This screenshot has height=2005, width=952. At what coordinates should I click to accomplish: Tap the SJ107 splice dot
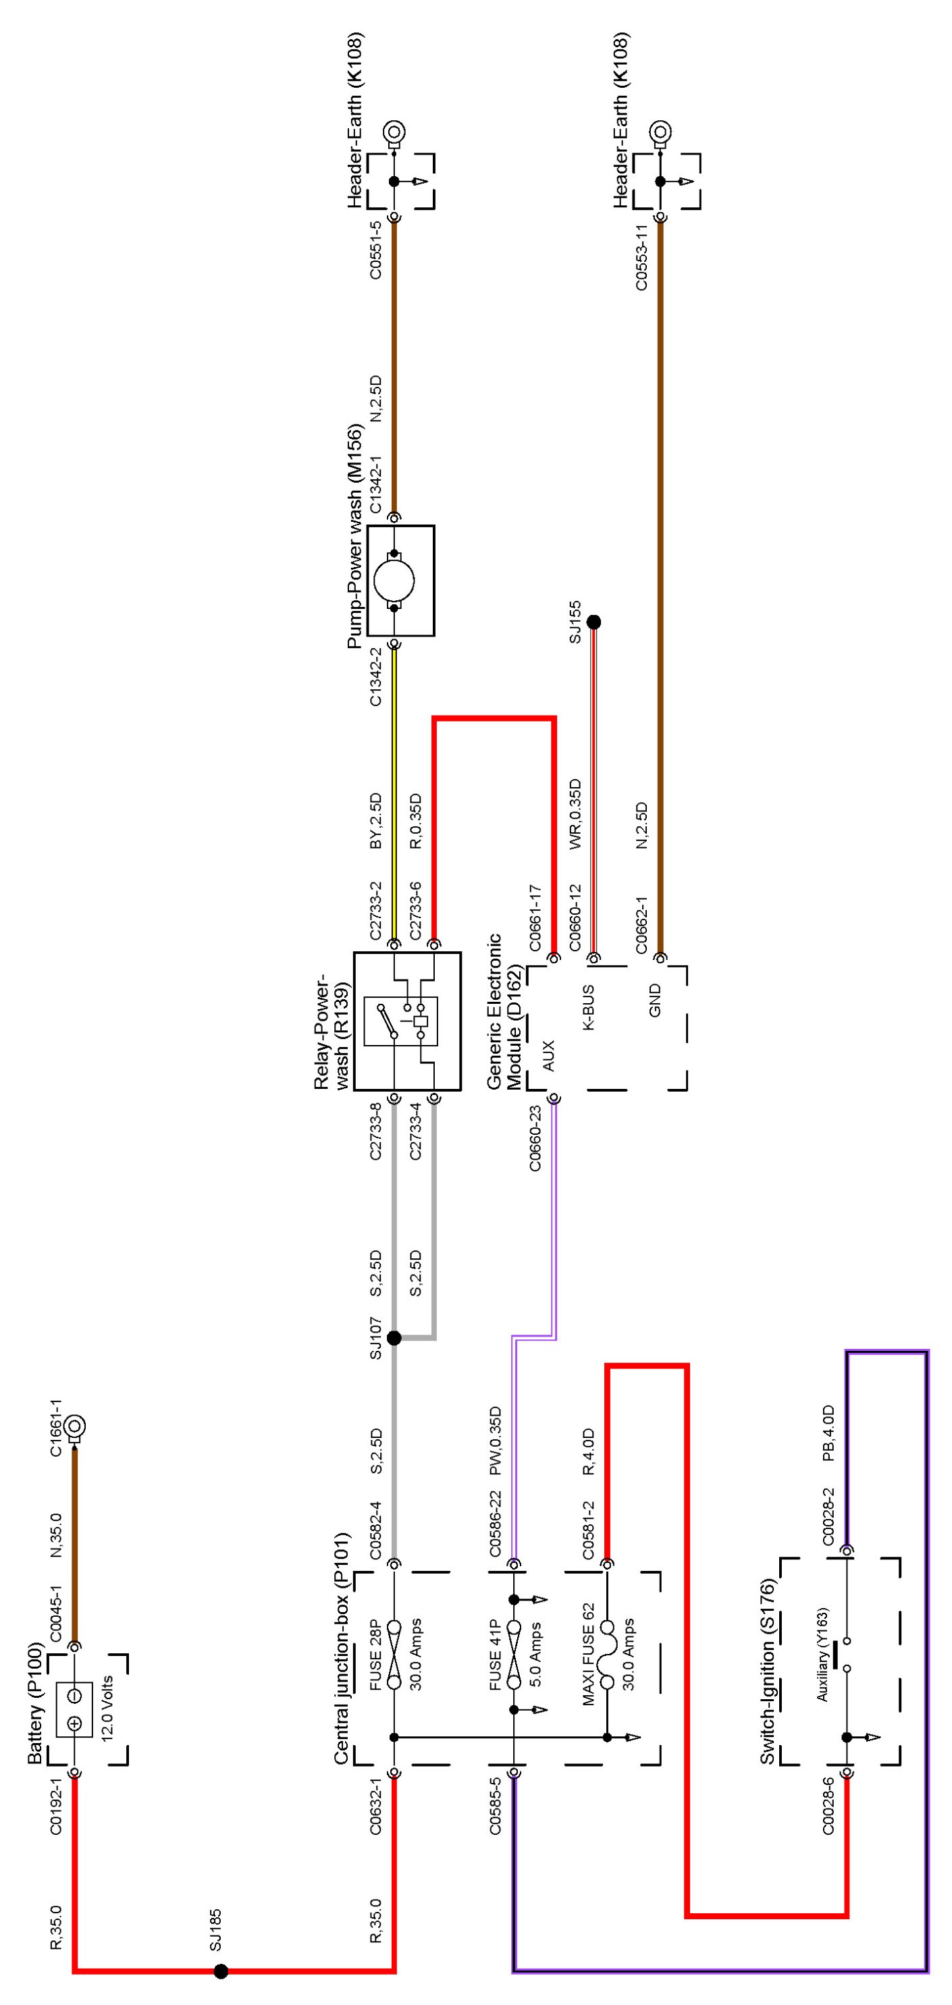coord(394,1338)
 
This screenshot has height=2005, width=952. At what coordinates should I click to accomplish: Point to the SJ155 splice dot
coord(594,622)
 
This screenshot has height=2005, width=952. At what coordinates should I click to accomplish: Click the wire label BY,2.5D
coord(376,821)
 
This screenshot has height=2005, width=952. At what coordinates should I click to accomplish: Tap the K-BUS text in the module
coord(589,1009)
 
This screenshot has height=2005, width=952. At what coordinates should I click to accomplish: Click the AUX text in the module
coord(549,1055)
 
